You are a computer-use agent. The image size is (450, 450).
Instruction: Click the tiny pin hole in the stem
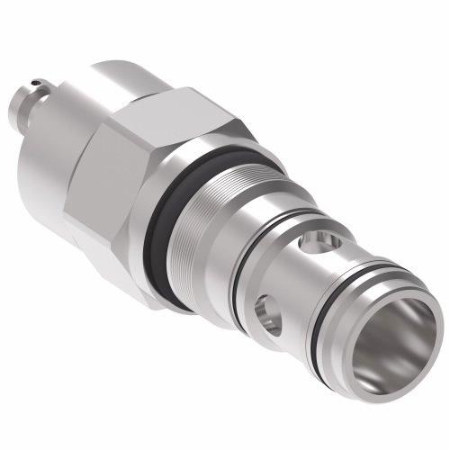[35, 85]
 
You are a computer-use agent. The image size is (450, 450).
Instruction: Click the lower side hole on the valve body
[267, 310]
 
